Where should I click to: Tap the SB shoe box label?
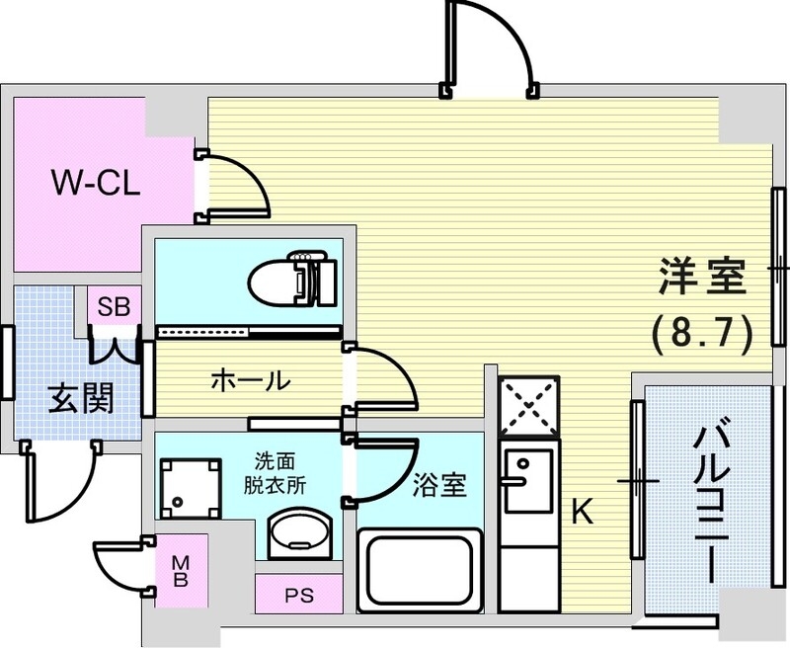[112, 306]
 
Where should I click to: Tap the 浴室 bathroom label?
[439, 485]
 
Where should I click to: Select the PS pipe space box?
[297, 596]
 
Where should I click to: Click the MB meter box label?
[181, 571]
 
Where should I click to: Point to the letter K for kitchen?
[583, 511]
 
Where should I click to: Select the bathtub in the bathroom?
[420, 570]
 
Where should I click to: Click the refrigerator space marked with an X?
[528, 405]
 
